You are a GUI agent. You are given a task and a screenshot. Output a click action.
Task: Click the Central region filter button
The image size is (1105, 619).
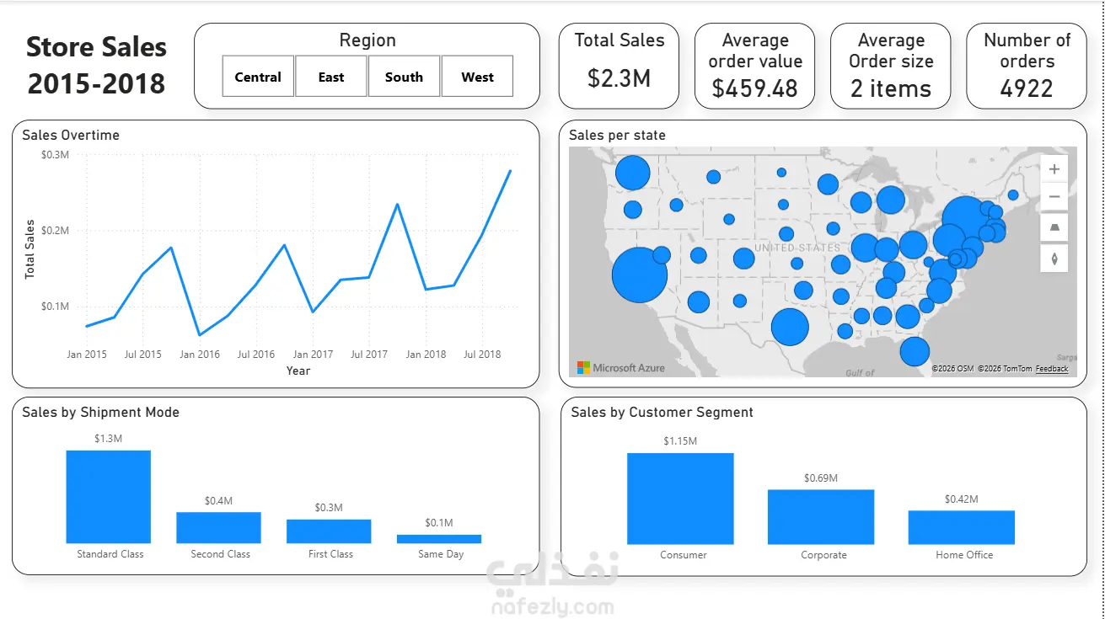point(258,77)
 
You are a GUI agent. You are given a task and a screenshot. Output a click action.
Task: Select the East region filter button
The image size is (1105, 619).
point(331,77)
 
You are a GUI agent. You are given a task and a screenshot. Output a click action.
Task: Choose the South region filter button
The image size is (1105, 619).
point(404,77)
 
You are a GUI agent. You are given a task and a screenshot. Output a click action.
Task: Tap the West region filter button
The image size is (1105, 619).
point(477,77)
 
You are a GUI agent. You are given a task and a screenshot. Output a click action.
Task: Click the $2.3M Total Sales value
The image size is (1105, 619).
point(620,78)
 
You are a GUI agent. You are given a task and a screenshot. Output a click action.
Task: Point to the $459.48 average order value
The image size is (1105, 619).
point(754,88)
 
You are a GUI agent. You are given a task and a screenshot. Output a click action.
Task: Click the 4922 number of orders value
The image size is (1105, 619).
point(1027,88)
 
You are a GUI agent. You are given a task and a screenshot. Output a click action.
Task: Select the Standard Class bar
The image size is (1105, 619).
point(109,497)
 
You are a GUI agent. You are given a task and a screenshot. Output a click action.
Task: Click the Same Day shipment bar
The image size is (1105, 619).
point(439,539)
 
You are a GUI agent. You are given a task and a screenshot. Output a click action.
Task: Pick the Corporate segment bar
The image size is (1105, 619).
point(821,517)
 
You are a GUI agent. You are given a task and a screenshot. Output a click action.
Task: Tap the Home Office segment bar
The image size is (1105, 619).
point(962,527)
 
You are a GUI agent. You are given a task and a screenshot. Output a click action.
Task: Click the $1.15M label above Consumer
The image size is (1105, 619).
point(680,441)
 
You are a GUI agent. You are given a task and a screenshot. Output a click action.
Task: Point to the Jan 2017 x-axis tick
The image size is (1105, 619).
point(313,355)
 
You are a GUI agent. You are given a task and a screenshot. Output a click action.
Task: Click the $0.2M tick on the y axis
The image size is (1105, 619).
point(55,231)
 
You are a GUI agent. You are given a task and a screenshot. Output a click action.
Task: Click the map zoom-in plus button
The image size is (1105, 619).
point(1054,169)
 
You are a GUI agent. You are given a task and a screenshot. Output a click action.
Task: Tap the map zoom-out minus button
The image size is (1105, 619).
point(1054,196)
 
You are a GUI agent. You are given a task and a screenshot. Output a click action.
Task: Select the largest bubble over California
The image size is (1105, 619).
point(640,275)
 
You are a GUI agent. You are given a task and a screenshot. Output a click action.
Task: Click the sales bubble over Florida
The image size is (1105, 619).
point(915,351)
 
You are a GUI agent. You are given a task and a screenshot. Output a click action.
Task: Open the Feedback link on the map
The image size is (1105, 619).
point(1052,369)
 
